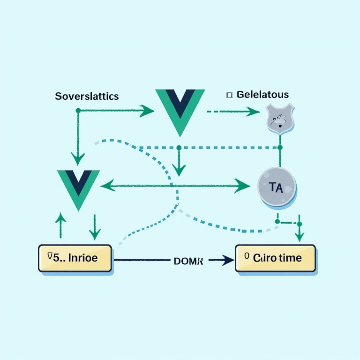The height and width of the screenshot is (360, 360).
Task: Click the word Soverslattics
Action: [87, 97]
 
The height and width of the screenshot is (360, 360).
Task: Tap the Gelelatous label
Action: [262, 95]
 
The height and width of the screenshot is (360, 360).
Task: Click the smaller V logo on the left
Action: [78, 188]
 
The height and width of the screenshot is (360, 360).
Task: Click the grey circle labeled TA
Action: [277, 188]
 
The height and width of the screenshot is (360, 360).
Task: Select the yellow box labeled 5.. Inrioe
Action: [75, 258]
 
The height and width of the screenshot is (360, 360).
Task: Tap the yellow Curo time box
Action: [276, 258]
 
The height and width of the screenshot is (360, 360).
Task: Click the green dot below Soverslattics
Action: [78, 111]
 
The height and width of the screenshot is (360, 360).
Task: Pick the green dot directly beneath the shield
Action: [280, 147]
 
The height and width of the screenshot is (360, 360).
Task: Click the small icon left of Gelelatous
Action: [229, 95]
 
